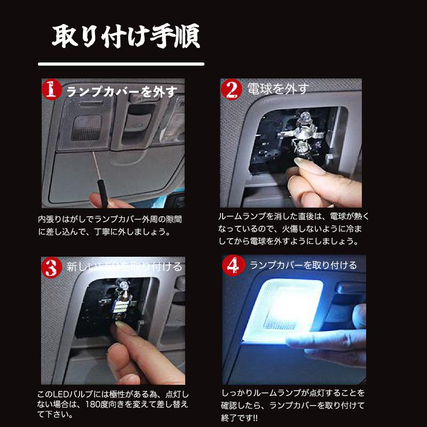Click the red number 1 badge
coord(51,90)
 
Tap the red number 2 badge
coord(231,89)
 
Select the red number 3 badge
coord(51,267)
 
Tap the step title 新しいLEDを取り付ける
coord(124,266)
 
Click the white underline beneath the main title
coord(121,64)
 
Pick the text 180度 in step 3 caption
coord(110,404)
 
